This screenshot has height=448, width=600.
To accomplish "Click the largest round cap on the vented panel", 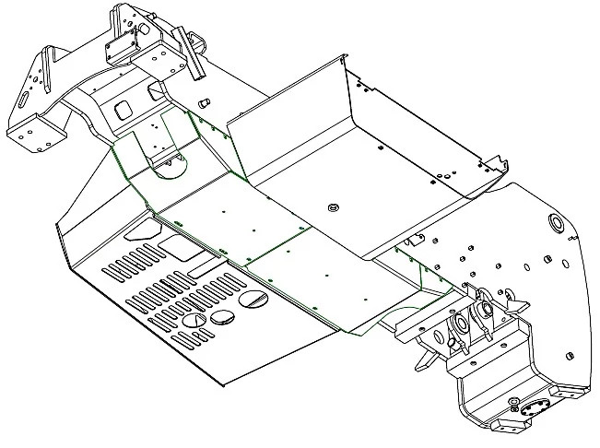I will (x=253, y=301).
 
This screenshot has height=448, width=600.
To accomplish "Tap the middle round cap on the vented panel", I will (x=224, y=317).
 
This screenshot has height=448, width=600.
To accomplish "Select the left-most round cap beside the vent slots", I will (x=193, y=319).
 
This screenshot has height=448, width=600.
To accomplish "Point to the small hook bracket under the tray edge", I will (x=416, y=241).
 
